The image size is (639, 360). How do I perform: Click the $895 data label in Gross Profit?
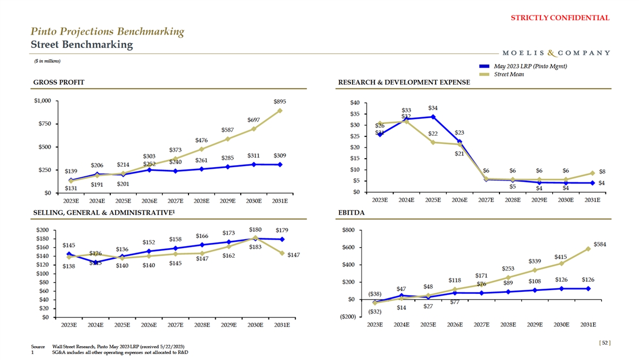click(x=280, y=101)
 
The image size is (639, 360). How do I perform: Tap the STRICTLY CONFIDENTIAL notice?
click(x=560, y=18)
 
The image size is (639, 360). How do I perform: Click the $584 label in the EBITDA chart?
click(x=600, y=244)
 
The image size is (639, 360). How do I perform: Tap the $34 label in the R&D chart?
click(x=433, y=108)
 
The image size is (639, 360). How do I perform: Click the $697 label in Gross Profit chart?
click(x=254, y=120)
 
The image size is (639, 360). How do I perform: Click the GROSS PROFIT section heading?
click(x=59, y=82)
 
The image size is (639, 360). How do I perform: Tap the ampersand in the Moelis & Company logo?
click(x=552, y=53)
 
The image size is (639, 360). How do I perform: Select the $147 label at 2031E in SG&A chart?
click(x=293, y=255)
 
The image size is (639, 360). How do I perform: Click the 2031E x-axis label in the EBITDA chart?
click(x=588, y=324)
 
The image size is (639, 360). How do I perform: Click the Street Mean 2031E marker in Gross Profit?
click(x=280, y=111)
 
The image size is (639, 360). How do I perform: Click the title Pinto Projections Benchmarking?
click(x=109, y=31)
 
